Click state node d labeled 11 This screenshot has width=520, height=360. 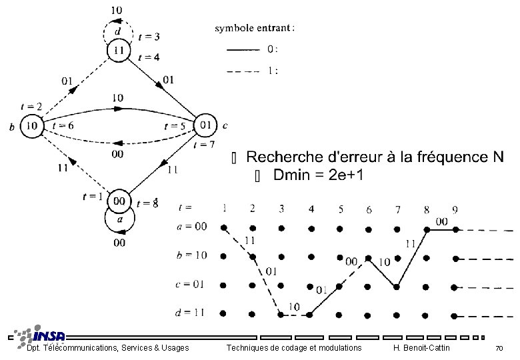point(119,50)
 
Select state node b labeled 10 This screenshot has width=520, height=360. point(31,125)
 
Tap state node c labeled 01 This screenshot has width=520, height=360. point(205,125)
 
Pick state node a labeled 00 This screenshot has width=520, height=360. point(119,200)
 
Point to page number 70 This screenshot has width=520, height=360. point(498,349)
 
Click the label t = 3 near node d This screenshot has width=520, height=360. point(148,36)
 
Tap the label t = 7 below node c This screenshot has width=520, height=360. point(203,145)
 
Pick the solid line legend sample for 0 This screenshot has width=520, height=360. point(243,49)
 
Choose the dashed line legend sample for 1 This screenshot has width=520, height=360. point(243,70)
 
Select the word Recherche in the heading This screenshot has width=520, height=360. point(285,157)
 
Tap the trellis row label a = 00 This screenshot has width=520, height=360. point(193,227)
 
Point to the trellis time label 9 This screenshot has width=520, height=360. point(455,209)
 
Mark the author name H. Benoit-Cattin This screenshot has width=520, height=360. point(422,348)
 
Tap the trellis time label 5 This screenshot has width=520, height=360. point(341,209)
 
